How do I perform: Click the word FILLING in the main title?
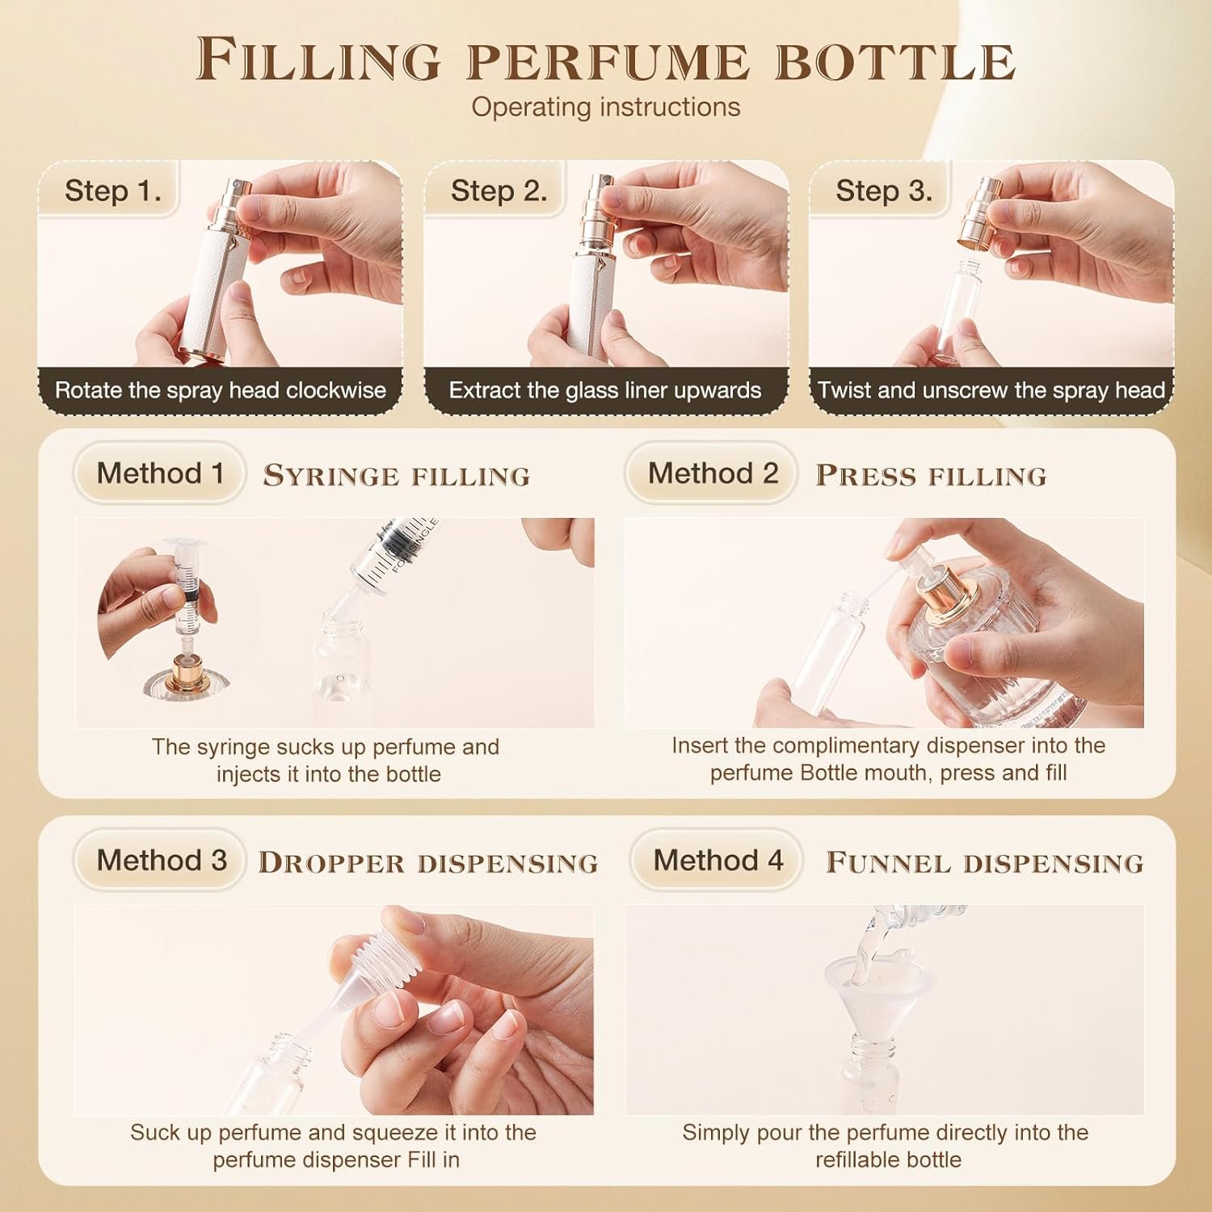click(x=318, y=59)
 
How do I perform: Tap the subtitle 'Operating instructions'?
click(x=606, y=107)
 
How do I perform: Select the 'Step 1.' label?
click(x=113, y=191)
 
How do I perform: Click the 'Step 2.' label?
click(x=499, y=191)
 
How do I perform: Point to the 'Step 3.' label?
click(x=884, y=191)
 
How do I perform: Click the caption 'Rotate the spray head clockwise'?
click(x=221, y=390)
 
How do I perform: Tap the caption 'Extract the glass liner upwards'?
click(x=605, y=390)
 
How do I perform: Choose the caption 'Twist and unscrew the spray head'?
click(x=991, y=390)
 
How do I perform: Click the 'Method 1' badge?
click(x=160, y=473)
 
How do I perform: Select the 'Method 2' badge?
click(x=713, y=473)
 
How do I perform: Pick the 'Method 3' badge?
click(x=161, y=860)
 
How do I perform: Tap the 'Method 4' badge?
click(x=718, y=860)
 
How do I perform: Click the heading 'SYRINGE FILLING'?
click(x=396, y=475)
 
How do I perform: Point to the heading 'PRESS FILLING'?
click(x=931, y=475)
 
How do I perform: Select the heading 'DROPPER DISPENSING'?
click(x=427, y=862)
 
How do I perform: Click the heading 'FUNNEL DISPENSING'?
click(x=985, y=862)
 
